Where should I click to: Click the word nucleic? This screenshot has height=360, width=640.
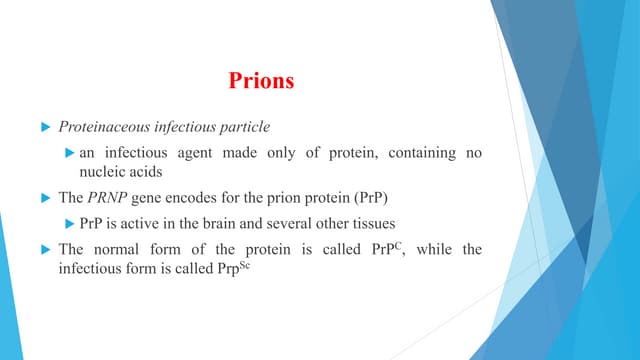point(99,171)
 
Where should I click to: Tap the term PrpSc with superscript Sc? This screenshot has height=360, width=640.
point(225,266)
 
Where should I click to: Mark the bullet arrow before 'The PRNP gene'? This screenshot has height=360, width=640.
point(44,196)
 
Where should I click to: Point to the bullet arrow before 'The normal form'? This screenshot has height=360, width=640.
point(44,247)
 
